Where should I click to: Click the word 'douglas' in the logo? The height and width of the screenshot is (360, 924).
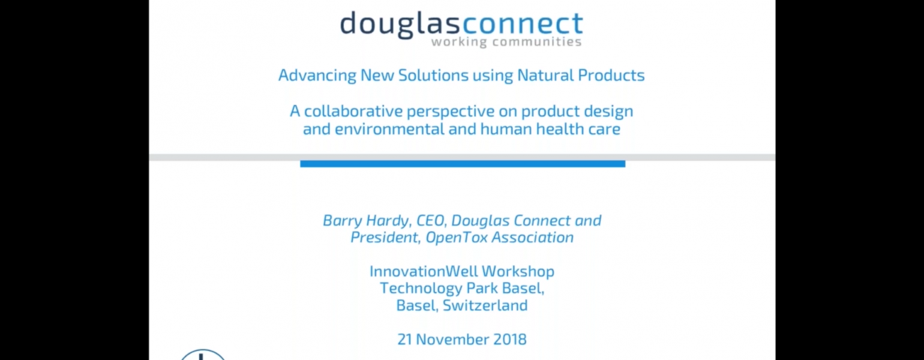click(400, 25)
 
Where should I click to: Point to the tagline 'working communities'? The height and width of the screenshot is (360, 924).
click(506, 41)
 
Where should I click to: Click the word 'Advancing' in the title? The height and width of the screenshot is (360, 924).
click(317, 76)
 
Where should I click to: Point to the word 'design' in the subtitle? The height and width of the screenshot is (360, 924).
click(608, 112)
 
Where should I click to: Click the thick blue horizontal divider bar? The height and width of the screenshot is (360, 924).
click(463, 164)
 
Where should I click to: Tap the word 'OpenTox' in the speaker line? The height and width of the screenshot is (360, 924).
click(456, 238)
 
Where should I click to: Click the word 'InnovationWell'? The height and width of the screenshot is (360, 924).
click(424, 271)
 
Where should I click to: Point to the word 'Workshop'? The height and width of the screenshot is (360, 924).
click(518, 272)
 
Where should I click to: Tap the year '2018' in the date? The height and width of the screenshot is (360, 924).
click(510, 340)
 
